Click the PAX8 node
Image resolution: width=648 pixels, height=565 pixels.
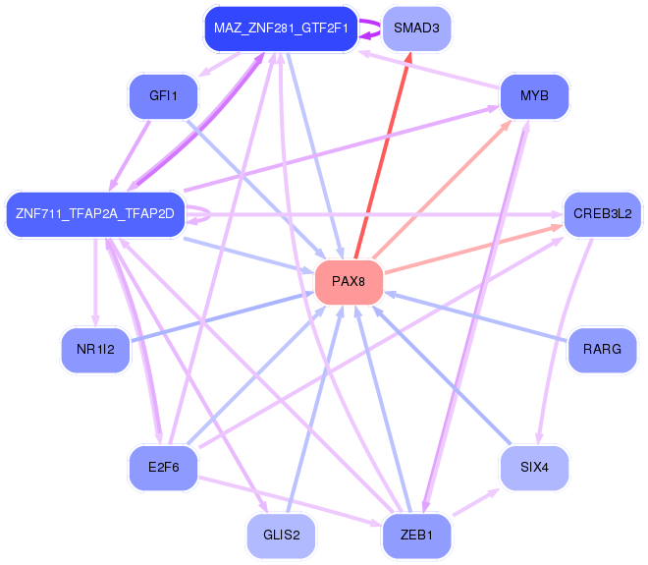[348, 282]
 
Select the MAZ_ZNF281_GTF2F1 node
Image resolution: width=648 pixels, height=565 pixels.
[278, 28]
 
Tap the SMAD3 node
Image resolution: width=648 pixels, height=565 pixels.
[415, 28]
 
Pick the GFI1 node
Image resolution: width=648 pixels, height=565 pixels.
[163, 96]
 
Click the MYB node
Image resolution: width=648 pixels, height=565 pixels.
[534, 96]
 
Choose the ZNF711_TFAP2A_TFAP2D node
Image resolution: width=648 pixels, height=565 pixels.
[95, 214]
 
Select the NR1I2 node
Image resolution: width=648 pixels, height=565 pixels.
[95, 350]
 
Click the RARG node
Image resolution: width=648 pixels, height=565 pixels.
[602, 350]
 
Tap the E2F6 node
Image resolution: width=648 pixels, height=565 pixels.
[163, 468]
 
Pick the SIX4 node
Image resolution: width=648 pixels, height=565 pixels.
[534, 468]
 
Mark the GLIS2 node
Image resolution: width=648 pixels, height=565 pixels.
[281, 536]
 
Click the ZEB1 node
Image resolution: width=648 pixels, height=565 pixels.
[415, 536]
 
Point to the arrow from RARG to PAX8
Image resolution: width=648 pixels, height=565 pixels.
[481, 317]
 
